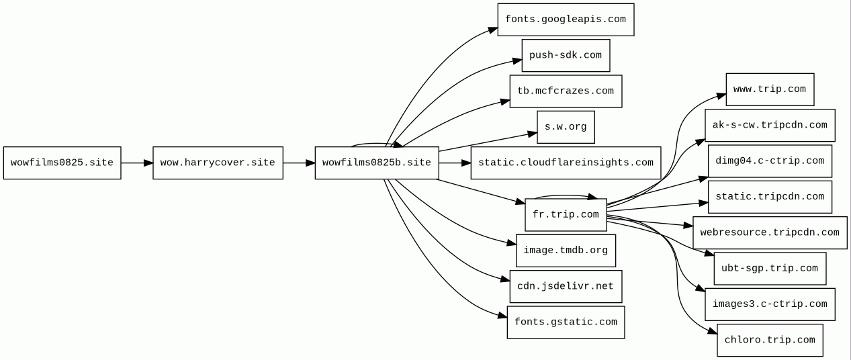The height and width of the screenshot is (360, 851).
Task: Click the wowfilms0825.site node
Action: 62,163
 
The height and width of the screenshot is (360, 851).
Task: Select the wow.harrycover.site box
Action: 218,163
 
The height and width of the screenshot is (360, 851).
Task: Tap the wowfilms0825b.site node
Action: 377,163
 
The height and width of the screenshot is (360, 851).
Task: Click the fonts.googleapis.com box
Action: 566,19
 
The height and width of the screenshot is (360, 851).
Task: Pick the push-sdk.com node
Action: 566,56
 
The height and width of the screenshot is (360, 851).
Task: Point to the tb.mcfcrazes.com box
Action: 566,91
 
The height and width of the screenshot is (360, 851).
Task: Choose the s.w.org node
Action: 566,127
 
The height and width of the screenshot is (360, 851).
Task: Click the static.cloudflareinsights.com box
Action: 566,163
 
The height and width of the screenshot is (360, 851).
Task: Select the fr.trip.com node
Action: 566,215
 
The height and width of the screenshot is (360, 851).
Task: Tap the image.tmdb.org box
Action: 566,251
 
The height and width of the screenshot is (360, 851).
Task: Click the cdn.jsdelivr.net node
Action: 566,286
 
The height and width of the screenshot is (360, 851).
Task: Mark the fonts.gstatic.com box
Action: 566,322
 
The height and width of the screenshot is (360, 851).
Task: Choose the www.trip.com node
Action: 770,89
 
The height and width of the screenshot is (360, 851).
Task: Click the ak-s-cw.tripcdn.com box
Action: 770,126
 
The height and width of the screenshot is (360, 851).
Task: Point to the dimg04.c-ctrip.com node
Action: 770,161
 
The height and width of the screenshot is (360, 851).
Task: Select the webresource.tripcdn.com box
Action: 770,233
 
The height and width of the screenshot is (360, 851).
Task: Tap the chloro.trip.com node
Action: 770,341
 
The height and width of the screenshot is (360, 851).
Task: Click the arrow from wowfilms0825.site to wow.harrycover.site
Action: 137,163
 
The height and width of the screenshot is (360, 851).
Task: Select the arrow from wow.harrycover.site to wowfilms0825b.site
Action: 300,163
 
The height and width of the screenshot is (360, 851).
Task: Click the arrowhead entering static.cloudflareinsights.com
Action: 466,163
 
